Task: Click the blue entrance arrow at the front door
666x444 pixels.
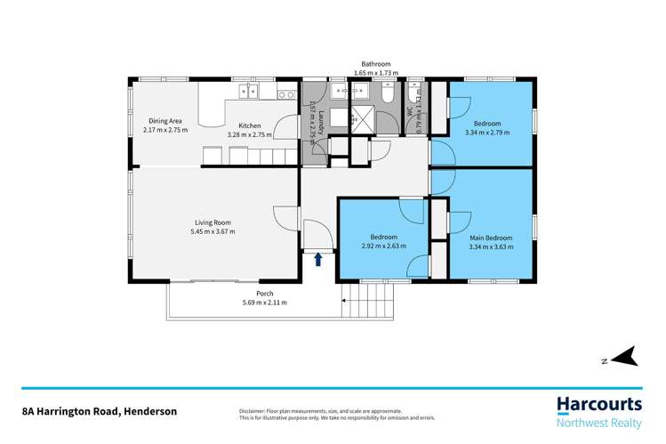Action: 318,260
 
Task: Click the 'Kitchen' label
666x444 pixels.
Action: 249,125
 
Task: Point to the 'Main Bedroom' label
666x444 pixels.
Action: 491,238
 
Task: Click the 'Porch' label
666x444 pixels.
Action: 264,294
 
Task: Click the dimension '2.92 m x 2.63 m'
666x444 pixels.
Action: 383,246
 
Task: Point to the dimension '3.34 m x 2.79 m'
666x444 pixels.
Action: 487,132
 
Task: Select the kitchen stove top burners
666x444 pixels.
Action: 286,94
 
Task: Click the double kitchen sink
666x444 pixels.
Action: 244,93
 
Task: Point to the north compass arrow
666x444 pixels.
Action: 625,357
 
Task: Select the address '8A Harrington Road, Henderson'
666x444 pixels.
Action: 100,411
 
